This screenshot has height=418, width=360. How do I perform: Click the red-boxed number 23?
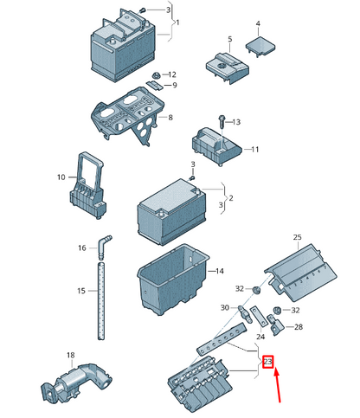(268, 362)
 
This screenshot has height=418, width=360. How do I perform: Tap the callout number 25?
(297, 237)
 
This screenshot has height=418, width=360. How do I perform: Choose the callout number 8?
(170, 117)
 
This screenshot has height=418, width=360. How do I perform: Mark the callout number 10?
(61, 177)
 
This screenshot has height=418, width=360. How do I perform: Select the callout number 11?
(255, 150)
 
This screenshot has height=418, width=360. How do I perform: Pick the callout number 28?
(299, 327)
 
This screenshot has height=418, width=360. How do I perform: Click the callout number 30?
(224, 307)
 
